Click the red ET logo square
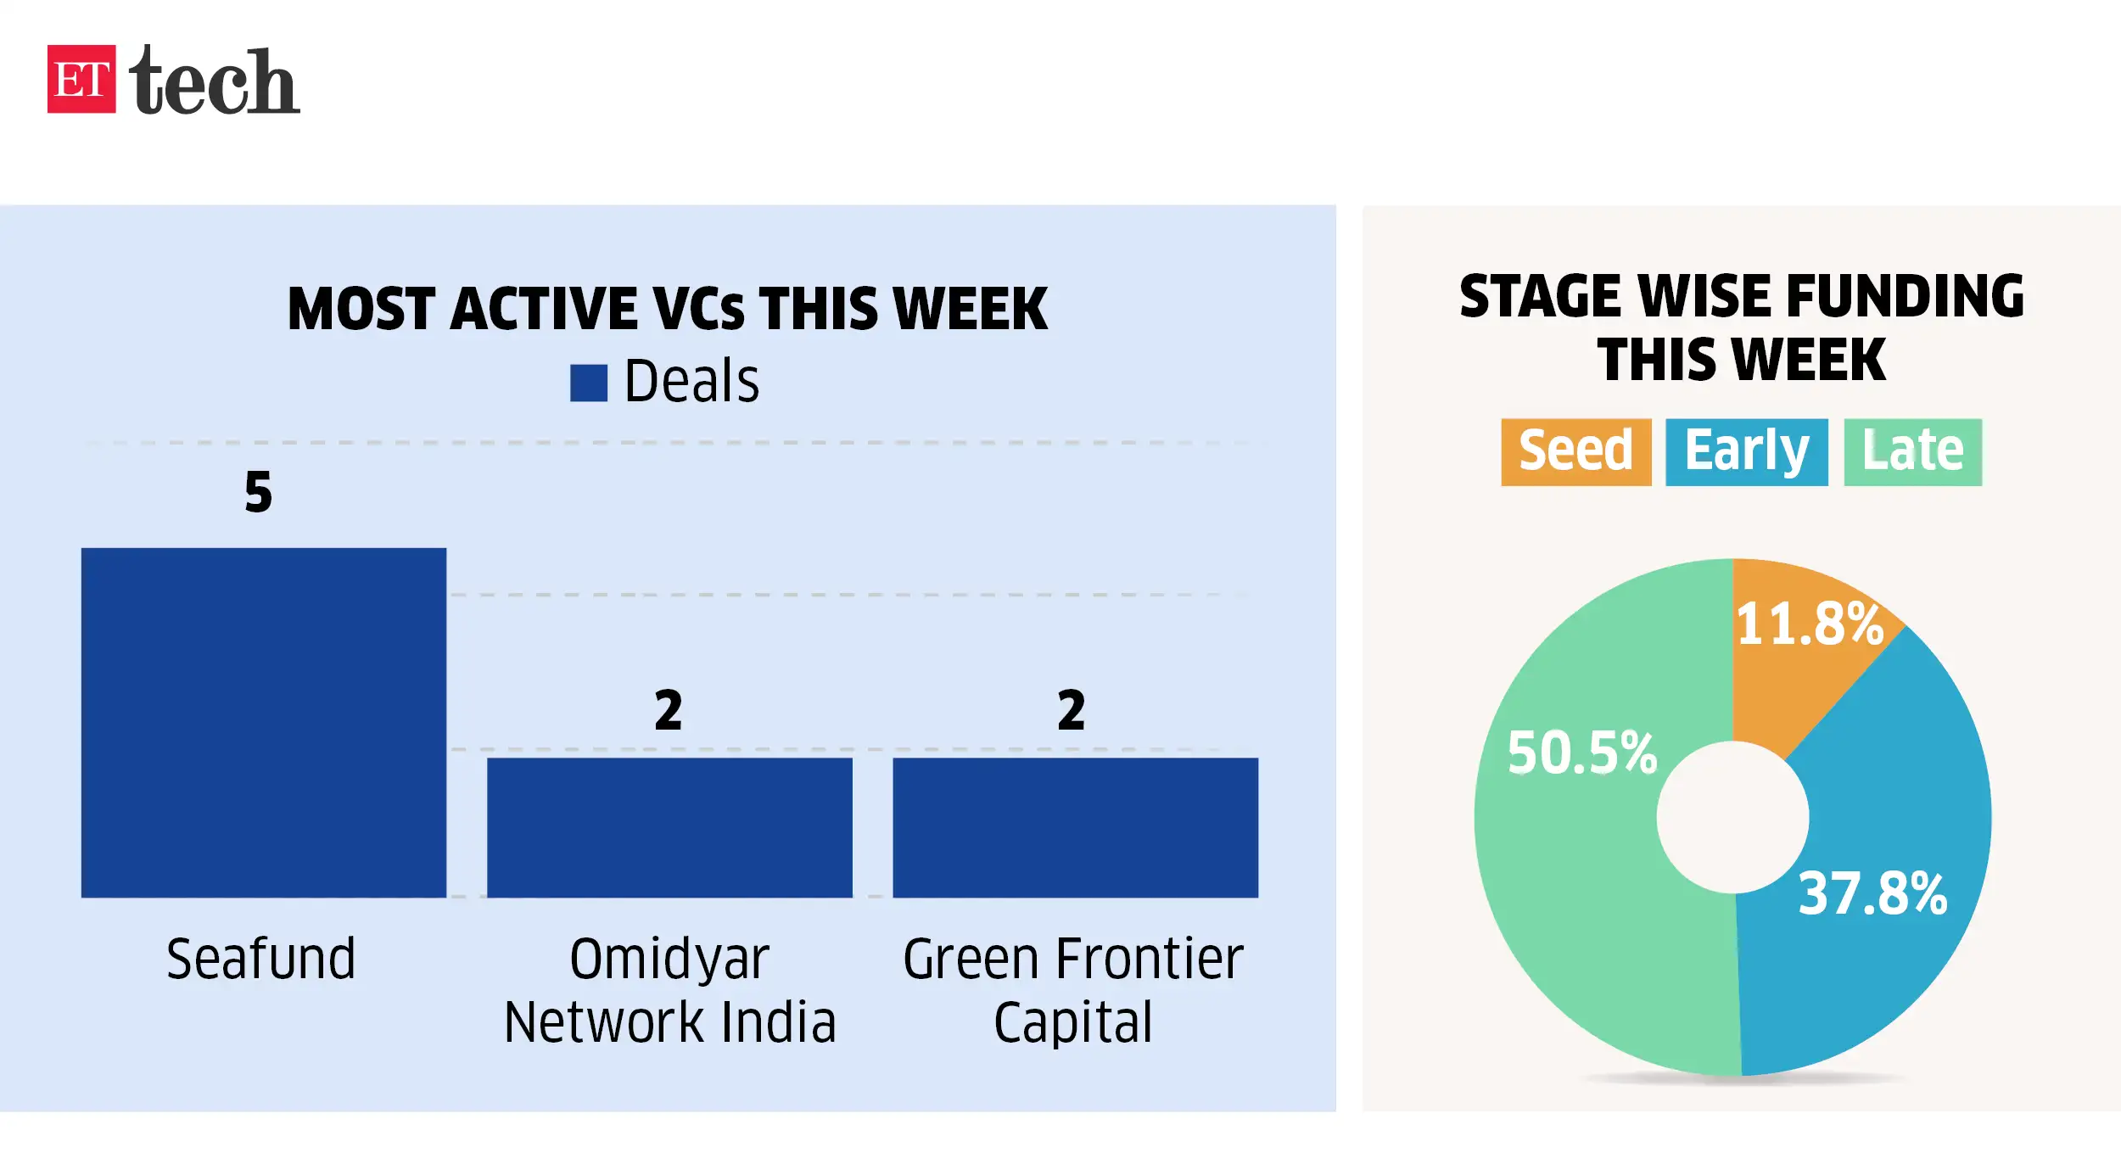pos(81,79)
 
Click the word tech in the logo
pos(214,81)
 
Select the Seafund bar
pos(263,722)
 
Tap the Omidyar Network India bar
pos(669,827)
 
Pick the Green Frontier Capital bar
pos(1075,827)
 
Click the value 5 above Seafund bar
pos(259,492)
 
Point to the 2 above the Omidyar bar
pos(669,710)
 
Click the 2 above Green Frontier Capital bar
pos(1072,710)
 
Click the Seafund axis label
pos(260,959)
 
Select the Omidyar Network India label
pos(669,990)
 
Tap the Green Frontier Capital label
pos(1073,990)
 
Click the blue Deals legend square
pos(588,383)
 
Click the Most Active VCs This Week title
pos(668,308)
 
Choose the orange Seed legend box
pos(1575,451)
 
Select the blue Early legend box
pos(1746,451)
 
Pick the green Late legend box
pos(1912,451)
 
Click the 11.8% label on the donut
pos(1810,624)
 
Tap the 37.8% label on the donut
pos(1872,893)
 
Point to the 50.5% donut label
pos(1581,753)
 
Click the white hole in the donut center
pos(1732,817)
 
